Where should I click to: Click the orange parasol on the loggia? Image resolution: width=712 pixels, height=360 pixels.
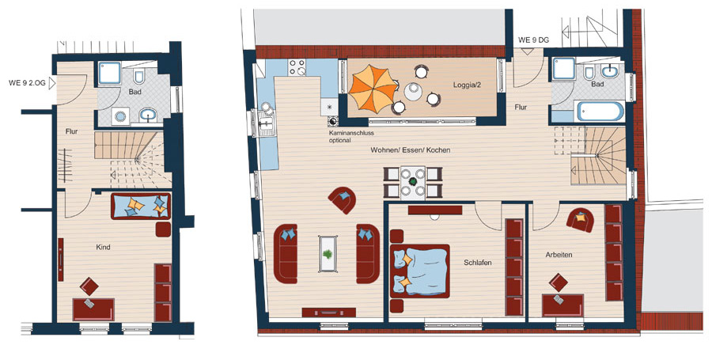tap(373, 89)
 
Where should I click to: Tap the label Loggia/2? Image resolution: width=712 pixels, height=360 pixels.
tap(467, 85)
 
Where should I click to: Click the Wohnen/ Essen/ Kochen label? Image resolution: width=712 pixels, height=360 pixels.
tap(411, 150)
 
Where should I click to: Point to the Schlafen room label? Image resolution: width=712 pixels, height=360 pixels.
tap(478, 263)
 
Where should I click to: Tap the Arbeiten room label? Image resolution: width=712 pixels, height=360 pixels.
tap(559, 255)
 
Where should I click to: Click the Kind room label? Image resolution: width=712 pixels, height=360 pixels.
tap(103, 248)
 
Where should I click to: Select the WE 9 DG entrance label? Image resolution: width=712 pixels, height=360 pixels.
tap(533, 40)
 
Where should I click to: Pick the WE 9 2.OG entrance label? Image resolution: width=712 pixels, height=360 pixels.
tap(27, 82)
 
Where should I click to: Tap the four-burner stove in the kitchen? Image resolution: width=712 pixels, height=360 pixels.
tap(297, 67)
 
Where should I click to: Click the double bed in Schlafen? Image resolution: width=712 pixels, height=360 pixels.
tap(419, 271)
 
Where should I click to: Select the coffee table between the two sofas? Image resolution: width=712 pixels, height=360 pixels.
tap(328, 253)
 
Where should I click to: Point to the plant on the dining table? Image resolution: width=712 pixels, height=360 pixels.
tap(413, 182)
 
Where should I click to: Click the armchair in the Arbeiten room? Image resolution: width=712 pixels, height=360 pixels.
tap(581, 219)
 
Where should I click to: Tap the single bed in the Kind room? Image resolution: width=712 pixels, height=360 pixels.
tap(141, 206)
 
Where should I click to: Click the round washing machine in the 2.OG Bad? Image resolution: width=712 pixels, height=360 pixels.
tap(120, 116)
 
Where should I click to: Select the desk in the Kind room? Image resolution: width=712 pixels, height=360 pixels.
tap(93, 309)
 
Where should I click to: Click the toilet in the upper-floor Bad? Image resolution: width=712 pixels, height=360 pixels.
tap(589, 73)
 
